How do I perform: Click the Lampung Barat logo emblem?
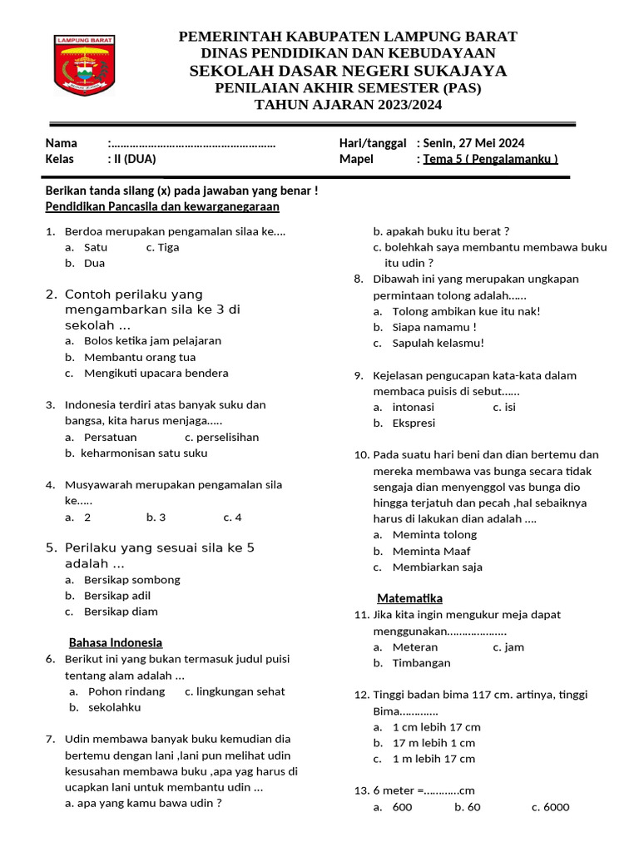tap(85, 65)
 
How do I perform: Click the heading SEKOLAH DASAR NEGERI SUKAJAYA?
tap(348, 71)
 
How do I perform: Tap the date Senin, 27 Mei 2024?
tap(473, 143)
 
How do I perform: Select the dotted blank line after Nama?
tap(193, 143)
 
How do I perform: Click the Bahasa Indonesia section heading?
tap(115, 642)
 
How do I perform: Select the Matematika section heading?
tap(409, 598)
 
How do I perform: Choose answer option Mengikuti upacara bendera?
tap(156, 374)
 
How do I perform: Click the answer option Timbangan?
tap(421, 663)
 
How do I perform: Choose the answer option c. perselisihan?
tap(221, 437)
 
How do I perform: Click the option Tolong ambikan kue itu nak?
tap(466, 311)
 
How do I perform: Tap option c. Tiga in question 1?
tap(163, 247)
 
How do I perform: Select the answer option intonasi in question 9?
tap(414, 407)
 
